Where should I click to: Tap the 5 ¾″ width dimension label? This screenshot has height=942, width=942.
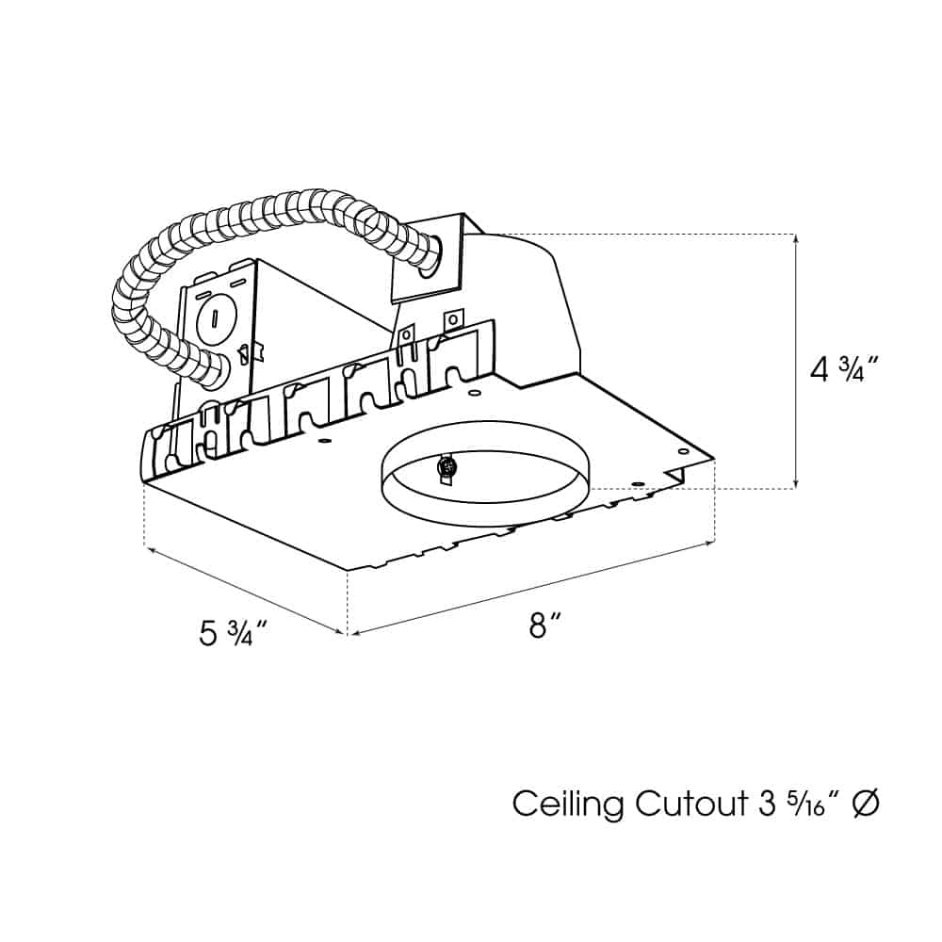pos(233,633)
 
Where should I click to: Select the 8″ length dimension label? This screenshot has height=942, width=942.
pos(545,625)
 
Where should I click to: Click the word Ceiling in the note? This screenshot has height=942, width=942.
pos(568,804)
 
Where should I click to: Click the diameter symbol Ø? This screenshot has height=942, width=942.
pos(866,804)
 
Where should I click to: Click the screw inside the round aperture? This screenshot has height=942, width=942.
pos(447,465)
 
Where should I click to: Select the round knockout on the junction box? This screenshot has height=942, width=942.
pos(214,317)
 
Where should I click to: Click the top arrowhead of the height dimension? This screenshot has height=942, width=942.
pos(797,237)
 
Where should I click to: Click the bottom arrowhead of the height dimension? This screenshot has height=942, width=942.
pos(797,484)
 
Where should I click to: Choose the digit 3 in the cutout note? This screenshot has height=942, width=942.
pos(767,804)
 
